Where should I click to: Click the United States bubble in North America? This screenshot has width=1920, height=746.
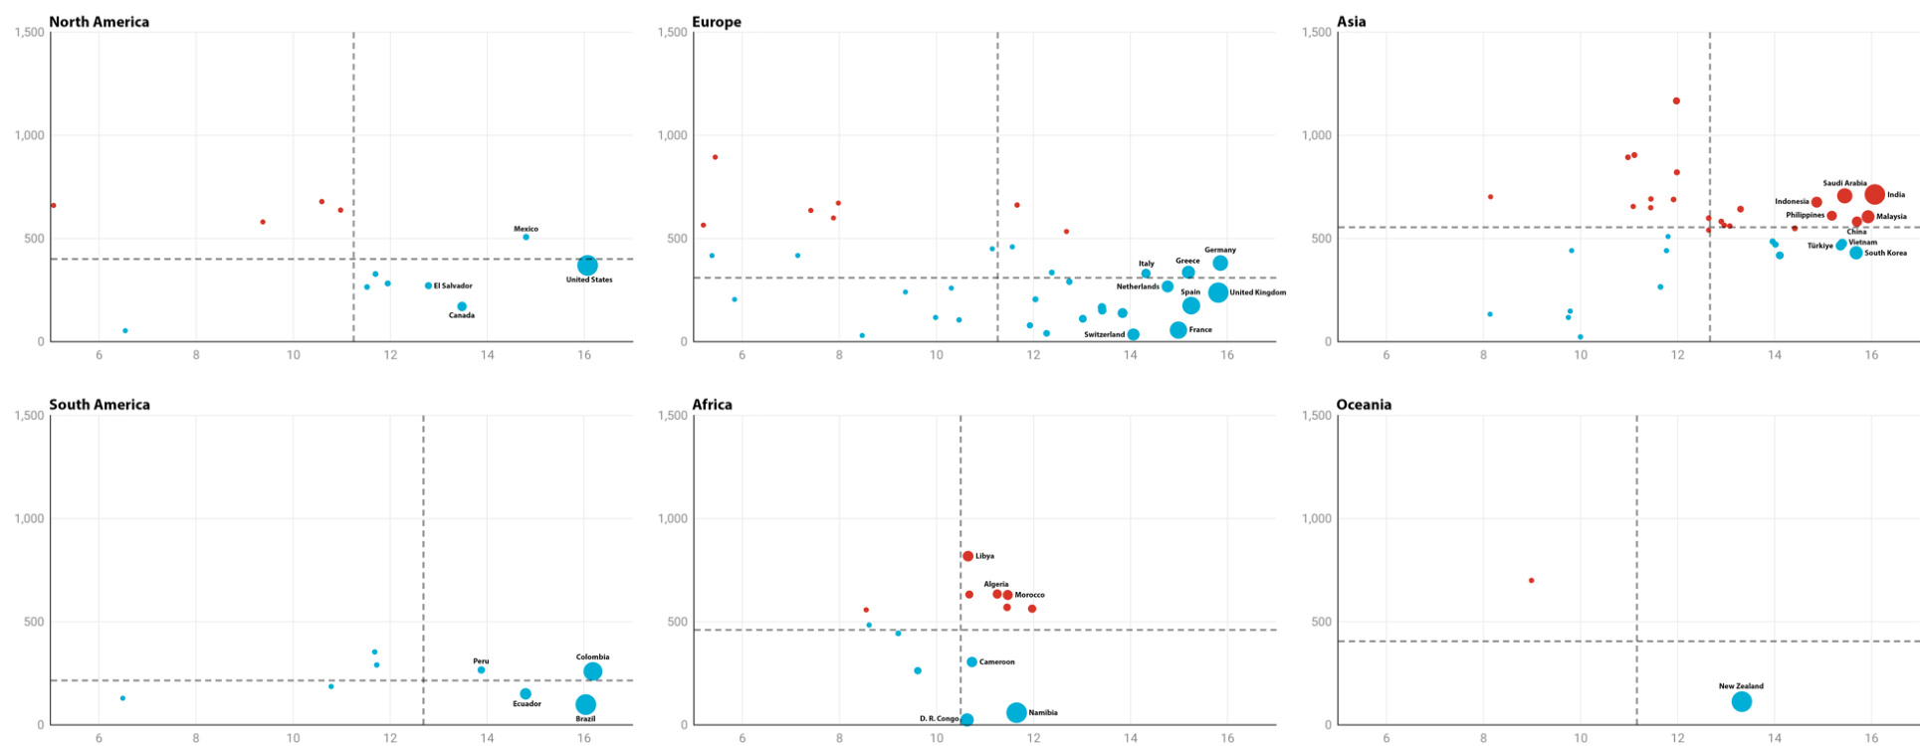[x=587, y=265]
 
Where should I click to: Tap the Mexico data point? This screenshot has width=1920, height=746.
[x=527, y=237]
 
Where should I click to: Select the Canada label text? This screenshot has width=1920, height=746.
[x=462, y=315]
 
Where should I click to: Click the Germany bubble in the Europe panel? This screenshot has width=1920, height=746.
[x=1220, y=264]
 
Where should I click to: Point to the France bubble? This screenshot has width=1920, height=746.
[x=1178, y=330]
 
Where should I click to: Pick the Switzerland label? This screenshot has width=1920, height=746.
[x=1104, y=335]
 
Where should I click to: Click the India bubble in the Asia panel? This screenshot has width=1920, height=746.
[x=1875, y=195]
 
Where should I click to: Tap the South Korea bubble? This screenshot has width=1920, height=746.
[x=1856, y=253]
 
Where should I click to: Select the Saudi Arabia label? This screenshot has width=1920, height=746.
[x=1844, y=183]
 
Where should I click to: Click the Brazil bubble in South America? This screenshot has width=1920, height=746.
[x=586, y=704]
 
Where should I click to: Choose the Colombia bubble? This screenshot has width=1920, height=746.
[x=593, y=671]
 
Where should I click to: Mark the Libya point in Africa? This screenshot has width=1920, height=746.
[x=967, y=556]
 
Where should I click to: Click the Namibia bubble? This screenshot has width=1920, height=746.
[x=1016, y=712]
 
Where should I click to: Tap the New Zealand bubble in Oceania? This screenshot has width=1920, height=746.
[x=1742, y=701]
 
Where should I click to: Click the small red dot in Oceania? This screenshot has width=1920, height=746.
[x=1531, y=580]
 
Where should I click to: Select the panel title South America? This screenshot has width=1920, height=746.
[x=100, y=405]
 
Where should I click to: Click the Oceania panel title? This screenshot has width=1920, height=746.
[x=1364, y=405]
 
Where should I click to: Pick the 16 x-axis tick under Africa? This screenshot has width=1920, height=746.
[x=1227, y=738]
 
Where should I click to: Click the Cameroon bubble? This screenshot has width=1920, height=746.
[x=971, y=661]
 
